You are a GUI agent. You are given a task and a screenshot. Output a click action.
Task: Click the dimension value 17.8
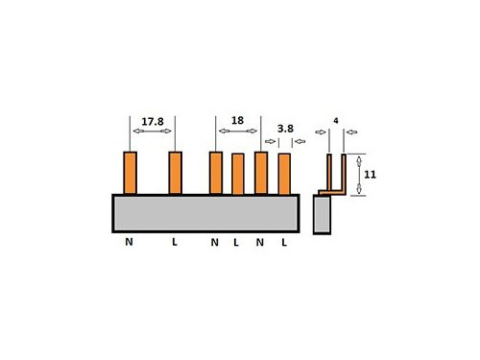click(x=153, y=122)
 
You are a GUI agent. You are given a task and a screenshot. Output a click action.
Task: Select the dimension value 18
click(x=237, y=122)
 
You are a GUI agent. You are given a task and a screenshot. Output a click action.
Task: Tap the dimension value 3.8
click(x=285, y=128)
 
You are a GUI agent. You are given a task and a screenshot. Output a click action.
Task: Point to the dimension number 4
click(x=335, y=121)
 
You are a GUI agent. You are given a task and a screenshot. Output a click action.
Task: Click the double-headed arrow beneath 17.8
click(x=153, y=132)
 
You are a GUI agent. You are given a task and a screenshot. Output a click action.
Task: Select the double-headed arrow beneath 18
click(x=237, y=132)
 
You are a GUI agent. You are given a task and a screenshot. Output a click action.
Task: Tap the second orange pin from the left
click(x=175, y=173)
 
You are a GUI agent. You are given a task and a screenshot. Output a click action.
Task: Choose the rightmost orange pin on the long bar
click(x=284, y=174)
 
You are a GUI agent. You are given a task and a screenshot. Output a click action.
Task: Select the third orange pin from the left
click(x=215, y=173)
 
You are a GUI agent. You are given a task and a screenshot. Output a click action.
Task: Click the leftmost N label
click(x=129, y=243)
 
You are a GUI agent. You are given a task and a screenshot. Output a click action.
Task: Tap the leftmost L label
click(x=175, y=243)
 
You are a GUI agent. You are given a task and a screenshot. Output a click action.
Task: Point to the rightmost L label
click(x=284, y=243)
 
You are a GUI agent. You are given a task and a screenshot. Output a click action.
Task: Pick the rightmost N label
click(x=260, y=243)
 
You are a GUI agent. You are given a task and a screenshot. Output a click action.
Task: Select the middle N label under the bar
click(x=215, y=243)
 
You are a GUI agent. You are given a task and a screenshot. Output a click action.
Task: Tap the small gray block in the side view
click(x=322, y=216)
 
